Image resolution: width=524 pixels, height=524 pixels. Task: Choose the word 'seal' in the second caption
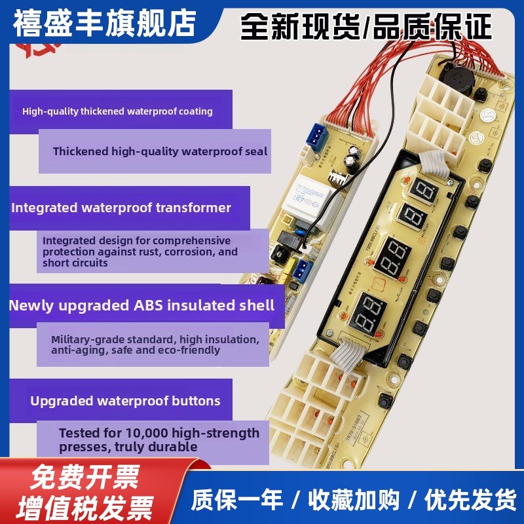coord(256,151)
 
